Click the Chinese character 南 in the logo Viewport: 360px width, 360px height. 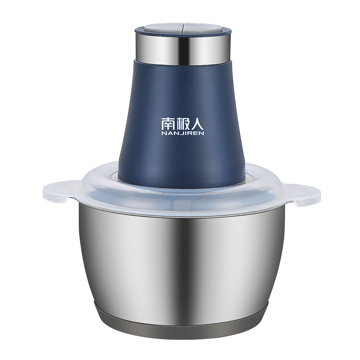167,124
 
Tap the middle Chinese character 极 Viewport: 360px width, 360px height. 182,124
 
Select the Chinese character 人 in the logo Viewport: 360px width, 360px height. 197,124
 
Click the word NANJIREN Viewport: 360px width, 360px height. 183,133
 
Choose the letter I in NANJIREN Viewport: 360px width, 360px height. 185,133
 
